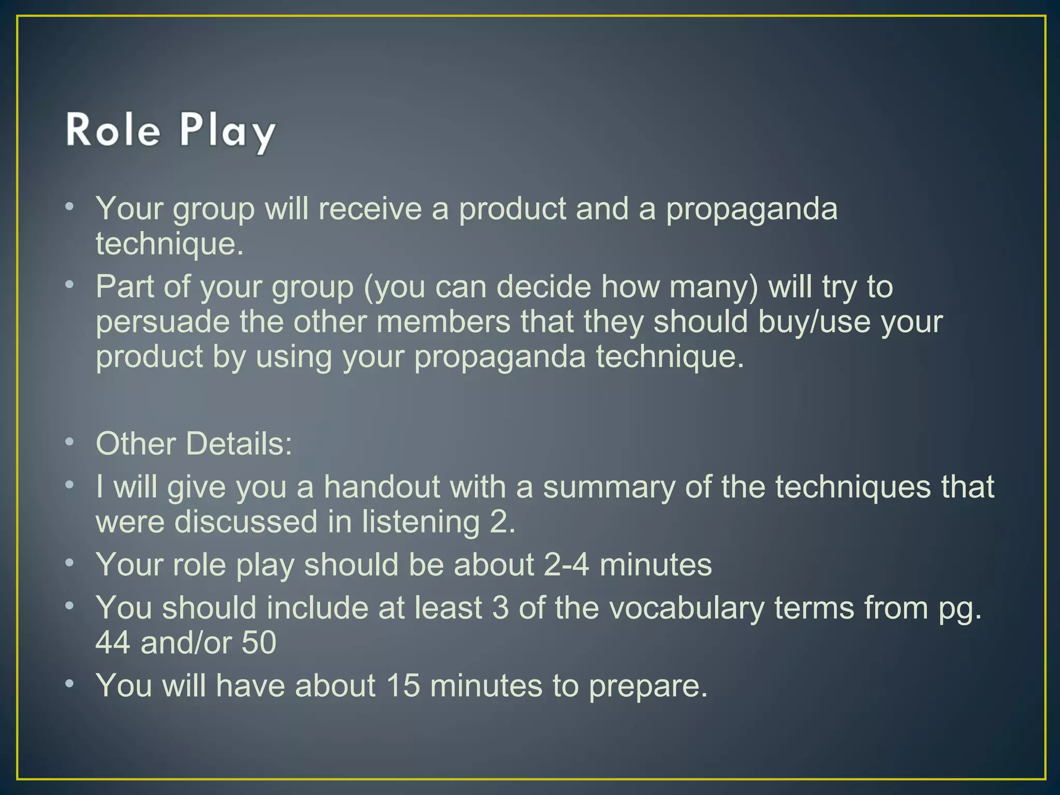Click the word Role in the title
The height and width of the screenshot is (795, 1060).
coord(112,130)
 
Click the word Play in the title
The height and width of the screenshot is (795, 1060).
coord(227,132)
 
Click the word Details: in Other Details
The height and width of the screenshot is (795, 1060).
coord(239,444)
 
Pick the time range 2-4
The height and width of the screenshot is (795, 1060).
coord(566,564)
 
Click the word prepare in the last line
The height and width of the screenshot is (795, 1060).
coord(647,686)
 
